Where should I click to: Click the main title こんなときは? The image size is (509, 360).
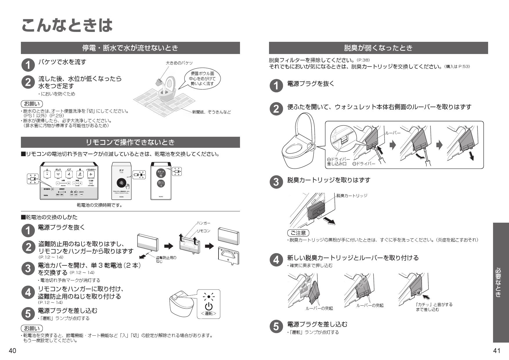tap(67, 26)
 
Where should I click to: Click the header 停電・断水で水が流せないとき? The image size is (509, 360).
tap(130, 48)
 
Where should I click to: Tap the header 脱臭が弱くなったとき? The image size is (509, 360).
tap(378, 48)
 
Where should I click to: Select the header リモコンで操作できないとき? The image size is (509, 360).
tap(130, 142)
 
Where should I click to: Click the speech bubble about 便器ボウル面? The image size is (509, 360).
tap(202, 78)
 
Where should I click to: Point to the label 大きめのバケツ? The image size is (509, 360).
tap(179, 63)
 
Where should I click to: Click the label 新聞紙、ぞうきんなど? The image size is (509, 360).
tap(211, 112)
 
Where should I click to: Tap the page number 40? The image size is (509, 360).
tap(12, 351)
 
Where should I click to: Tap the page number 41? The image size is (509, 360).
tap(497, 351)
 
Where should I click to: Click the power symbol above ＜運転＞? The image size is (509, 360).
tap(208, 306)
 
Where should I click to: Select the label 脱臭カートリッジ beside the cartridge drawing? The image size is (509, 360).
tap(352, 195)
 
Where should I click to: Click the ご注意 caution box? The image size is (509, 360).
tap(298, 233)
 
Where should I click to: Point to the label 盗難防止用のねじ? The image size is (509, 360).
tap(166, 259)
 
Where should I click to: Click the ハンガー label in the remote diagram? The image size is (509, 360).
tap(203, 223)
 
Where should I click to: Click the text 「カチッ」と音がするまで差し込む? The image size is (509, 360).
tap(434, 307)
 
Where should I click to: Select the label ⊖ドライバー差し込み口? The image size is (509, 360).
tap(338, 162)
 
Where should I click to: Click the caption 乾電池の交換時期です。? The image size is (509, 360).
tap(100, 205)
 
